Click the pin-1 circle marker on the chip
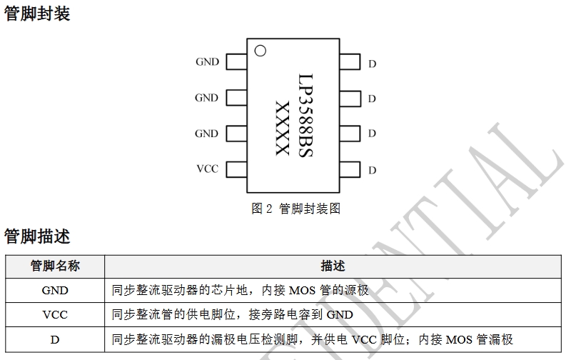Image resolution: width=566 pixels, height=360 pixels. [261, 51]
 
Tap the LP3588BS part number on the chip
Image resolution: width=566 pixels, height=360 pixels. [305, 114]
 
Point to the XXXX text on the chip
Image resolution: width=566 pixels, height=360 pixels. [283, 129]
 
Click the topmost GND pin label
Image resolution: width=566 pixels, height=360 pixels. [207, 62]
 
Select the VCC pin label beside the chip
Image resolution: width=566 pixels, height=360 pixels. [207, 169]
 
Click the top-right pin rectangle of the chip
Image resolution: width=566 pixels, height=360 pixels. [350, 62]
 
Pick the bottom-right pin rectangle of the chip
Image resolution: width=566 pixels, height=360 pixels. [350, 169]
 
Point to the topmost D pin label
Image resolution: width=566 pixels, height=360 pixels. [372, 64]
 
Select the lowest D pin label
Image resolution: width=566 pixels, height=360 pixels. [372, 171]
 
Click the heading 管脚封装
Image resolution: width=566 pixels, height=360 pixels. [37, 14]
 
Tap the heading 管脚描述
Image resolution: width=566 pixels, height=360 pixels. [37, 236]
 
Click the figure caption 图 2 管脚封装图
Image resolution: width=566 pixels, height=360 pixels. [295, 209]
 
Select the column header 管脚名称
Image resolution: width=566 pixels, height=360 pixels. [55, 266]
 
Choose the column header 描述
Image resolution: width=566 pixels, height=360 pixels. [333, 266]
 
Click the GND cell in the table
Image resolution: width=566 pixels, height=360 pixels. [55, 291]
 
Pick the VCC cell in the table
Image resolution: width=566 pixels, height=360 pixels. [55, 315]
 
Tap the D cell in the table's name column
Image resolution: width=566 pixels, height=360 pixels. [55, 340]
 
